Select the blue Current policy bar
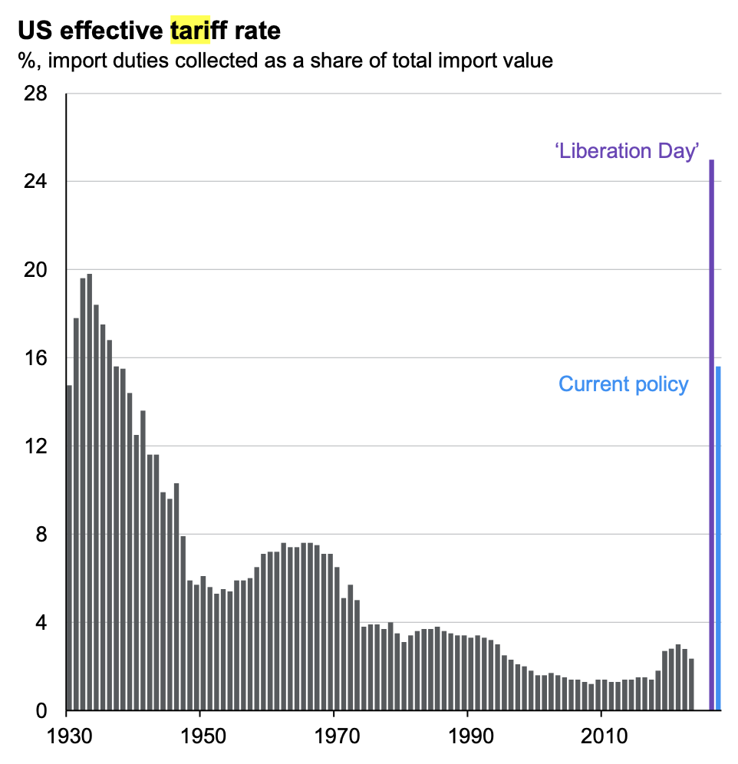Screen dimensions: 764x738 click(719, 538)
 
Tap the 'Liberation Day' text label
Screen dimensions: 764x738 click(627, 150)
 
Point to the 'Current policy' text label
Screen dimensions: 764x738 click(623, 384)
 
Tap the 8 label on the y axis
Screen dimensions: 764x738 click(42, 535)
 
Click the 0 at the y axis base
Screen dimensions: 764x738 click(42, 711)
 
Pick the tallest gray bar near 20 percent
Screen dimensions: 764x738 click(90, 492)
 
